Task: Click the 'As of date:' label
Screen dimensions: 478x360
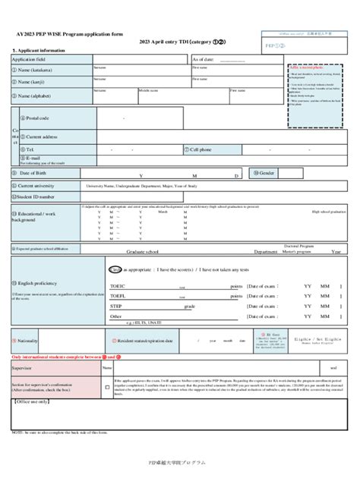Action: [204, 59]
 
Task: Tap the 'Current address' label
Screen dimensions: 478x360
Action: [42, 136]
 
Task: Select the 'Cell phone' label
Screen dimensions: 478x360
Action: [200, 150]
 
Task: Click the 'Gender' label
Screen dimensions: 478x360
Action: [266, 173]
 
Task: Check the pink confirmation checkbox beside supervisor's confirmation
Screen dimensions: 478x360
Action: [106, 387]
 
